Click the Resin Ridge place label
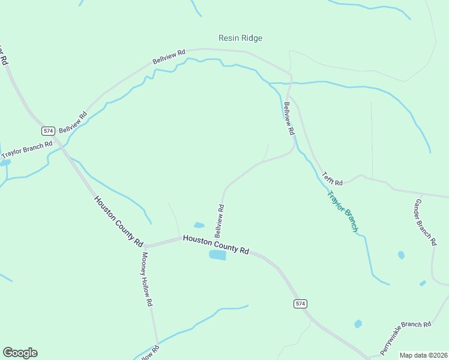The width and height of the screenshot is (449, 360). [240, 38]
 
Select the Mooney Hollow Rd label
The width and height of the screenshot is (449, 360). [147, 279]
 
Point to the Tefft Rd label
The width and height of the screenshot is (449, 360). [332, 179]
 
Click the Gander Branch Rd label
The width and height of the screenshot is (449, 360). [424, 222]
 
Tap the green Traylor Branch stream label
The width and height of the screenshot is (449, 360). [342, 211]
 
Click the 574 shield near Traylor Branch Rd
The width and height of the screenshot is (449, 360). [49, 131]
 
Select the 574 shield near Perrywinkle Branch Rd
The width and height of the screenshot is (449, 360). [301, 304]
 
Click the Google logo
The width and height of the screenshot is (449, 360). [20, 353]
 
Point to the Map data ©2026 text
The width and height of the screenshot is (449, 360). [423, 355]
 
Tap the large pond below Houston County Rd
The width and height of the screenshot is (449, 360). [217, 256]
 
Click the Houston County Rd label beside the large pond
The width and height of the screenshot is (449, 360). [215, 244]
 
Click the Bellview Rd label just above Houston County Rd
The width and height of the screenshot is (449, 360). [219, 220]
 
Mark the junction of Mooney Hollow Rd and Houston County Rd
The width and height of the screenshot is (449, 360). [145, 245]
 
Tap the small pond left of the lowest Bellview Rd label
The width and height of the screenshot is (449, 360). [199, 226]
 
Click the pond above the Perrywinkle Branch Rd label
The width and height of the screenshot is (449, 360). [358, 324]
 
